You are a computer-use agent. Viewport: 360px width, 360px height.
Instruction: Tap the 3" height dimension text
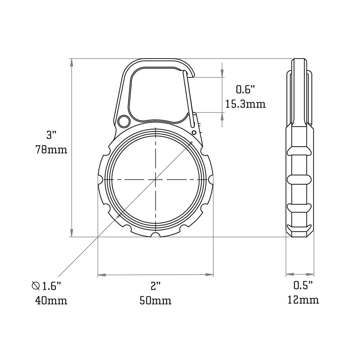(51, 135)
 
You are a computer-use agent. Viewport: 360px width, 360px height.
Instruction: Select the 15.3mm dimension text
(245, 104)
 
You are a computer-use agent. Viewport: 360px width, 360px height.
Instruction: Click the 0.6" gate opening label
(245, 90)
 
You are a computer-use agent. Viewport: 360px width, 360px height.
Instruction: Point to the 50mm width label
(155, 301)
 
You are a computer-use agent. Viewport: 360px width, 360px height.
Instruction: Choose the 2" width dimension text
(155, 286)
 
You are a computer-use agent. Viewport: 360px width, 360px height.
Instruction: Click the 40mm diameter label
(51, 301)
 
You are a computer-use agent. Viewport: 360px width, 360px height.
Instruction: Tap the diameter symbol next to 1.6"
(36, 286)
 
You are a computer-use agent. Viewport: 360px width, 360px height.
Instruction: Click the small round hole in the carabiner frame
(123, 121)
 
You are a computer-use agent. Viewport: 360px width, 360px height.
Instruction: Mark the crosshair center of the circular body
(155, 180)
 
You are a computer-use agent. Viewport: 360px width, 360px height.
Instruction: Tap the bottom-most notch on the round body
(155, 235)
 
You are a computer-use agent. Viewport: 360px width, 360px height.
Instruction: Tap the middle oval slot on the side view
(300, 179)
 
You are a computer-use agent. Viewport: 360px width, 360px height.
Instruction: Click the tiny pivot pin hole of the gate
(194, 132)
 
